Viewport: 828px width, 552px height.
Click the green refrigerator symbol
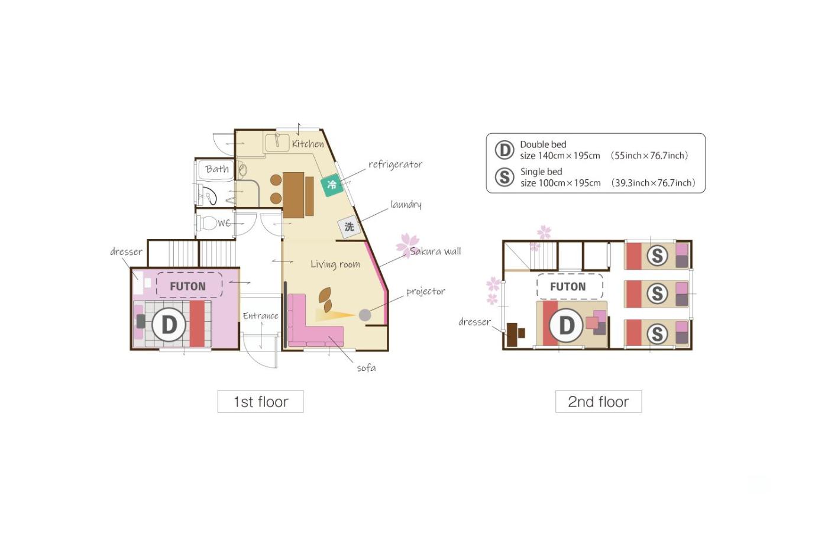(x=332, y=185)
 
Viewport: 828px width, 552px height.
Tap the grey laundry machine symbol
(x=349, y=226)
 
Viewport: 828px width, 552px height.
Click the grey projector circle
(x=365, y=315)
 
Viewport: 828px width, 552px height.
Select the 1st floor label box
(x=261, y=402)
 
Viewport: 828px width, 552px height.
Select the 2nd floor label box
(x=599, y=402)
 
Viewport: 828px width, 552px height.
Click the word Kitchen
(x=308, y=143)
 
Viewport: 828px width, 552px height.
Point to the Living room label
(x=335, y=264)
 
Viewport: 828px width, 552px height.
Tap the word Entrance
(x=260, y=316)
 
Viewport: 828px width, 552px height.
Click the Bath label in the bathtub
(x=217, y=169)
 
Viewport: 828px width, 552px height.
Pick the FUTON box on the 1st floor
(x=189, y=285)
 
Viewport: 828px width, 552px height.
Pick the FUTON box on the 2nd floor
(x=570, y=286)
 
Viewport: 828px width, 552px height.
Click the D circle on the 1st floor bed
(x=169, y=325)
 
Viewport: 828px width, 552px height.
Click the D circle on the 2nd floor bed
(x=567, y=325)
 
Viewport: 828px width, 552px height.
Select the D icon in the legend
(x=504, y=150)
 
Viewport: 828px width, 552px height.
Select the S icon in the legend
(x=504, y=177)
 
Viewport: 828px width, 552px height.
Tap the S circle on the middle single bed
(x=657, y=293)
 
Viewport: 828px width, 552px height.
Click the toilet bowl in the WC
(x=207, y=223)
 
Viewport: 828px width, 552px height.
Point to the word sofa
(x=366, y=368)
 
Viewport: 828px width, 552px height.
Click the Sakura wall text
(x=435, y=251)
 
